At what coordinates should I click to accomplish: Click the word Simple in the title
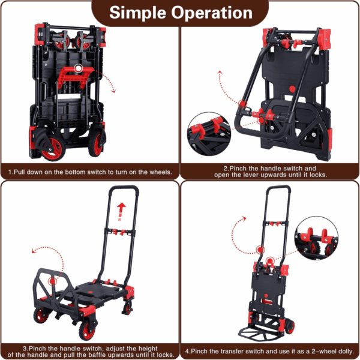point(137,13)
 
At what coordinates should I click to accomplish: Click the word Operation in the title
point(212,13)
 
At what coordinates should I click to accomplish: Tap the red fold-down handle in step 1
point(75,77)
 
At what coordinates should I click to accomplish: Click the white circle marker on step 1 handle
point(79,68)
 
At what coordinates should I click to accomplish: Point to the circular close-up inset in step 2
point(209,134)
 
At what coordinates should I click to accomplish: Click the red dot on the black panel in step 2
point(292,89)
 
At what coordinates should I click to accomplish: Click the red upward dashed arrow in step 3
point(121,211)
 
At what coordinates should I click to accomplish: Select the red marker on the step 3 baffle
point(53,281)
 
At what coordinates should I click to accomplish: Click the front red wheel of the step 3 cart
point(87,329)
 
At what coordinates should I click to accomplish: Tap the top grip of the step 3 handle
point(124,188)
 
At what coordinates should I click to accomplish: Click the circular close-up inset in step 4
point(316,238)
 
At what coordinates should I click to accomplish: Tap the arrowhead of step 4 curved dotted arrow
point(244,218)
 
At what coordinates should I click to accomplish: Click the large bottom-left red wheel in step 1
point(53,149)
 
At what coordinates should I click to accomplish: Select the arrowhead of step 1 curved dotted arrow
point(113,91)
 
